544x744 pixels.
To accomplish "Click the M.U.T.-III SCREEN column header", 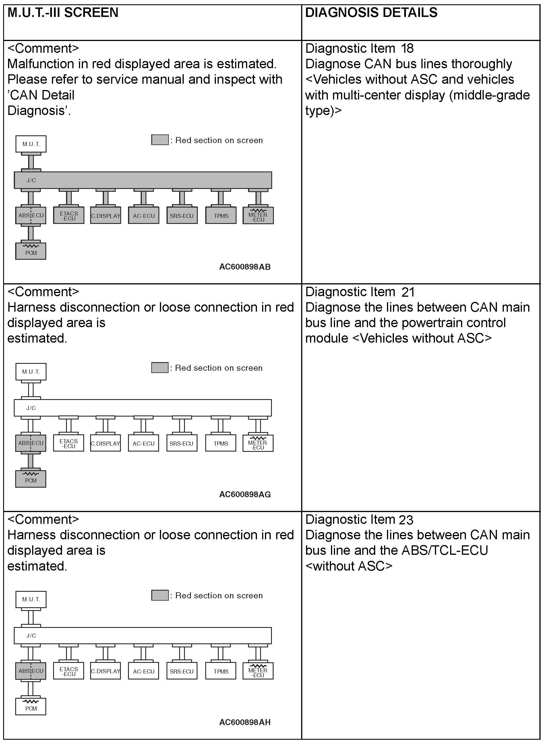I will click(x=63, y=13).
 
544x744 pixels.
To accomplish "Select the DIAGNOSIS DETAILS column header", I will click(x=371, y=13).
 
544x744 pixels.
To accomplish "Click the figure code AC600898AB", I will click(x=245, y=267).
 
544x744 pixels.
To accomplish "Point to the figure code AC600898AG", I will click(x=245, y=494).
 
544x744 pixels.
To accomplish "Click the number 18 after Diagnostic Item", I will click(x=407, y=49).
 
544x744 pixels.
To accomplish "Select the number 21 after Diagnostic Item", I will click(x=408, y=292).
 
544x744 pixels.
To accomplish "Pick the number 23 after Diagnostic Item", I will click(x=406, y=520).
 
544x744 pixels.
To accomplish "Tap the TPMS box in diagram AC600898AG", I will click(x=221, y=443).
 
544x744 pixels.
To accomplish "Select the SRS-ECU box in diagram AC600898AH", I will click(x=181, y=671).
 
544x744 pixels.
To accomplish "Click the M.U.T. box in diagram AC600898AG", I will click(x=31, y=372).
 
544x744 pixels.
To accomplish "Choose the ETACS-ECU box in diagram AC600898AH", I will click(x=69, y=671).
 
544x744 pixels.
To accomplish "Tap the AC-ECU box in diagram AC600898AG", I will click(x=144, y=443).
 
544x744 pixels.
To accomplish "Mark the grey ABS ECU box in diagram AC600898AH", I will click(x=31, y=671).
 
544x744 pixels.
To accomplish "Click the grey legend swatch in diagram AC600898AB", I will click(x=160, y=140).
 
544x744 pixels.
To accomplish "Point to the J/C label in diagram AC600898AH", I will click(x=31, y=635).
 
